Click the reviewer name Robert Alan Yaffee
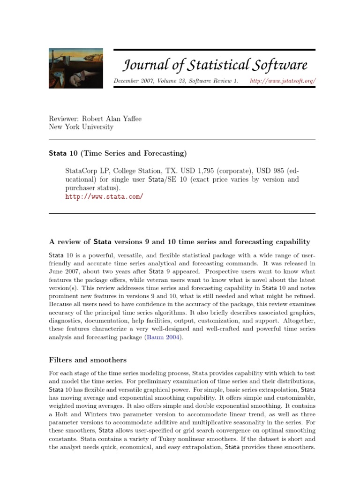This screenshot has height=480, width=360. pos(112,119)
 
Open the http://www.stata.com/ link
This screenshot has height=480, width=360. pos(104,196)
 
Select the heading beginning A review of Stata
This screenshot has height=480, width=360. pos(180,242)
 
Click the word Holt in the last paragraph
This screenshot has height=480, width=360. pos(63,414)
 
